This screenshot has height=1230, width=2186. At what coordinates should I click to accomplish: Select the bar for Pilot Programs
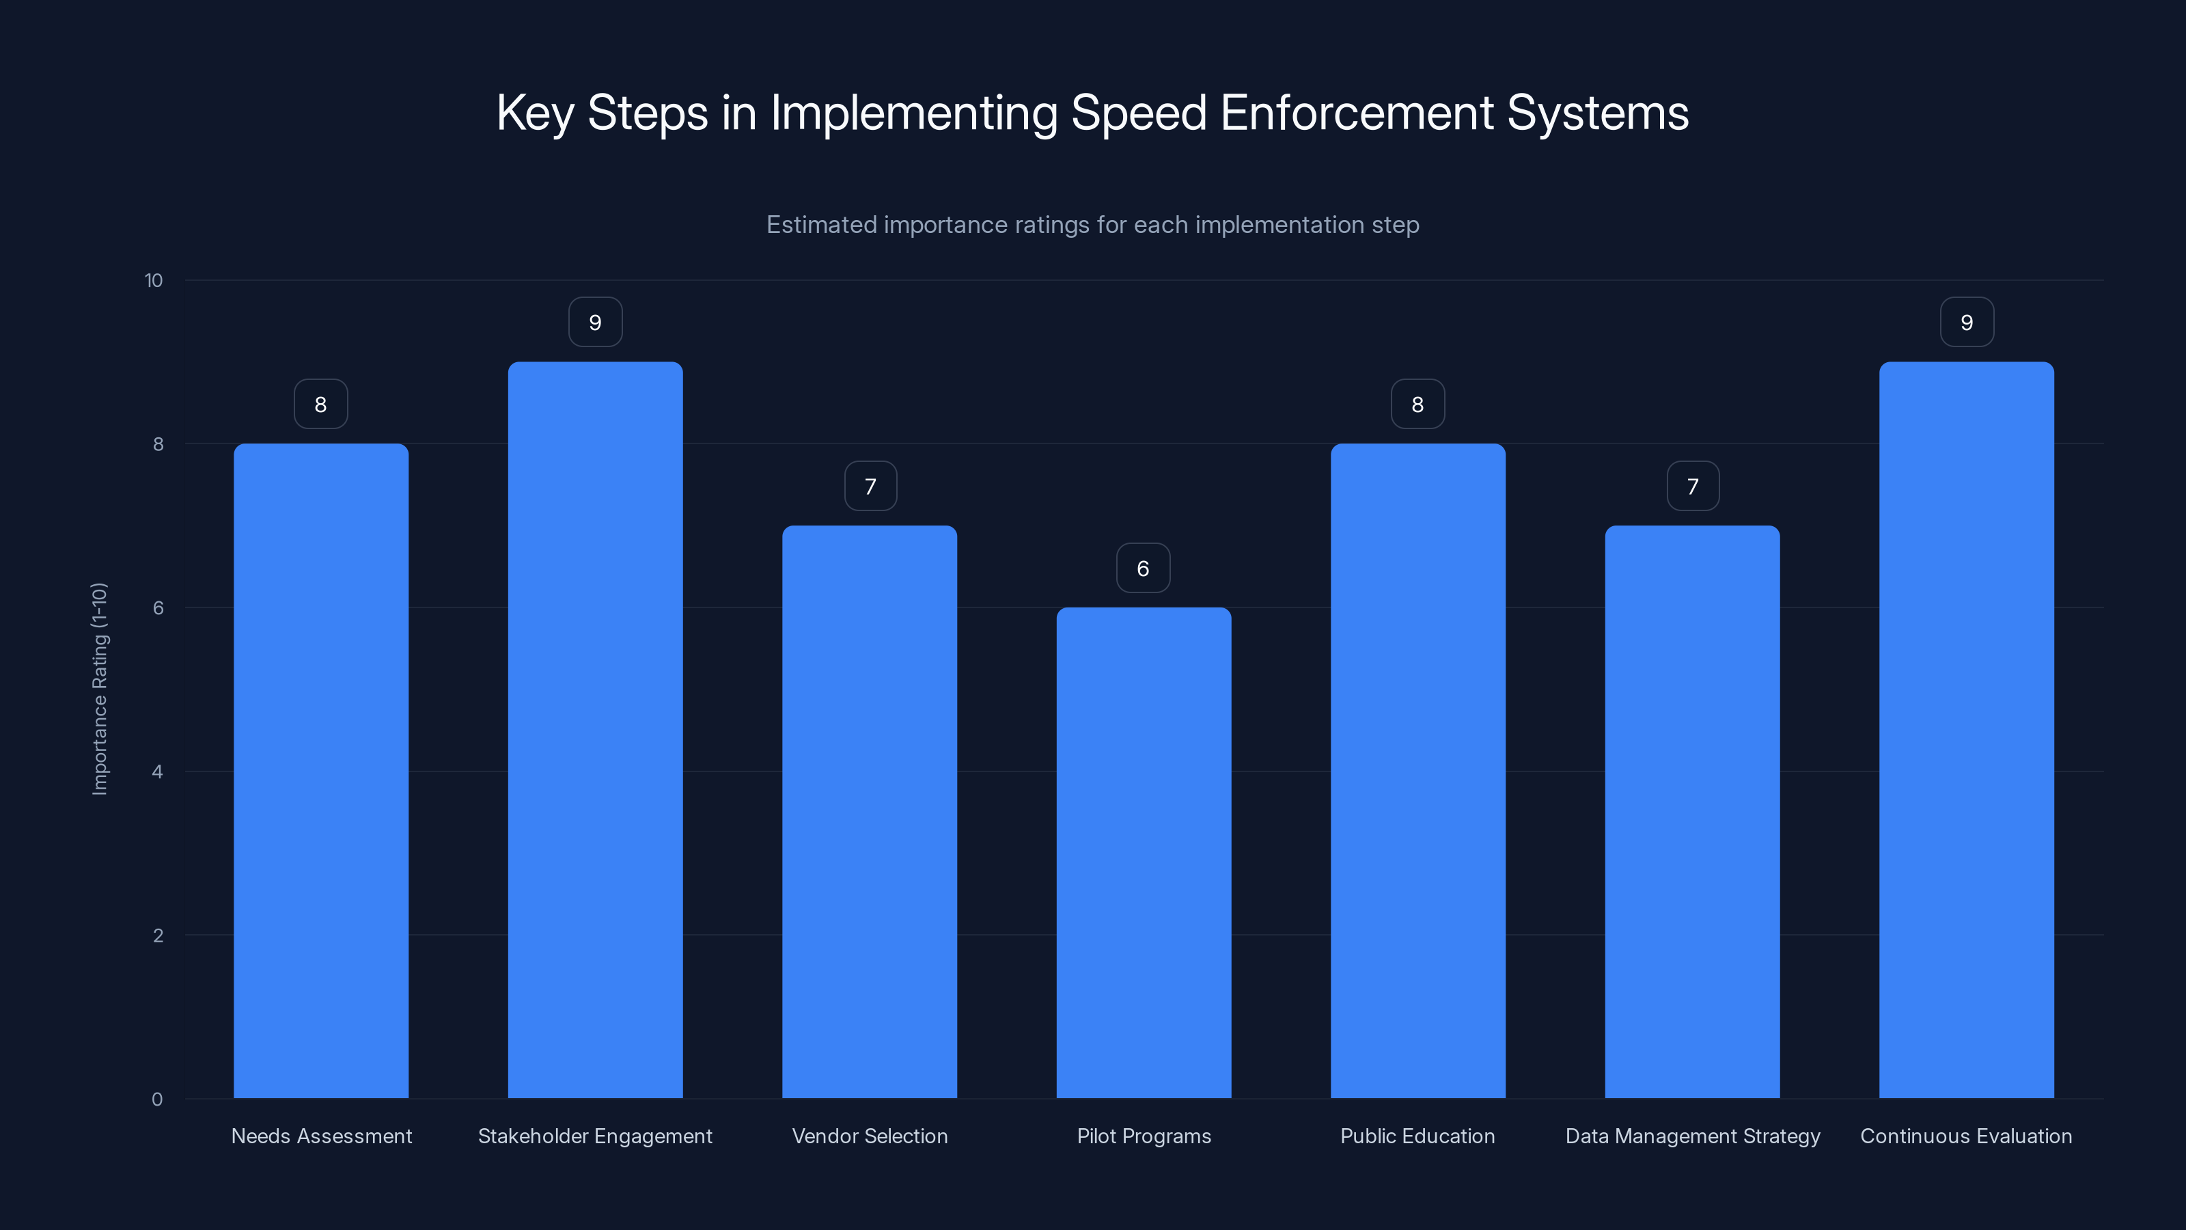[1143, 852]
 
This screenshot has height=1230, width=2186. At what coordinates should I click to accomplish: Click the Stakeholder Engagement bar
[595, 730]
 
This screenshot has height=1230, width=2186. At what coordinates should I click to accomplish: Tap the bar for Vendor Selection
[869, 812]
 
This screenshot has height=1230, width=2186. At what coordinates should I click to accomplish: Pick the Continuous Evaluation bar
[1966, 730]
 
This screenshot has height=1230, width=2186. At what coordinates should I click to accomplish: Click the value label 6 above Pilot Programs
[1143, 568]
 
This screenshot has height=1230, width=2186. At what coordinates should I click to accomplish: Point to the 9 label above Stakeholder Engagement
[595, 323]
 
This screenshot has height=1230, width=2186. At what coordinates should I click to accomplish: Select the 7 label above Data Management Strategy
[1693, 487]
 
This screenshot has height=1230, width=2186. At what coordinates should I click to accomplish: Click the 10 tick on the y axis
[154, 280]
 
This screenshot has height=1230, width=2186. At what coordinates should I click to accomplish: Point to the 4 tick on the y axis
[157, 771]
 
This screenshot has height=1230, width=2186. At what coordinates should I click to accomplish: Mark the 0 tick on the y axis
[157, 1099]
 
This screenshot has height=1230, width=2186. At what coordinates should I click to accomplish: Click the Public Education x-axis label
[1417, 1136]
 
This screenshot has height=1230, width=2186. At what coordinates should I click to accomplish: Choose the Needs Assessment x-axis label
[321, 1136]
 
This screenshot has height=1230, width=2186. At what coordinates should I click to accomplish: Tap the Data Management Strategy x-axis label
[1692, 1136]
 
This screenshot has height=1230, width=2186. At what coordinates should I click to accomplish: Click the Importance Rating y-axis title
[99, 688]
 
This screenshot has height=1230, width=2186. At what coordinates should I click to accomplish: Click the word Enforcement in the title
[1356, 112]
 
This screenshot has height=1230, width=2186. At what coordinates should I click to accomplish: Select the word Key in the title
[535, 112]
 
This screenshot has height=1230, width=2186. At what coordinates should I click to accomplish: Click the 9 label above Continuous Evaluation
[1966, 323]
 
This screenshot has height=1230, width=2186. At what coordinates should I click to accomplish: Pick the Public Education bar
[1417, 771]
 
